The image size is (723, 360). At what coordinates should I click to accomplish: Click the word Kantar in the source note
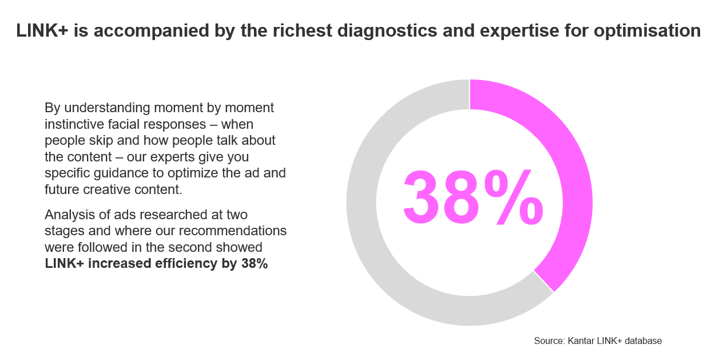click(x=581, y=341)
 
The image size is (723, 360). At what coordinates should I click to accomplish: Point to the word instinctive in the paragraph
click(x=74, y=124)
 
